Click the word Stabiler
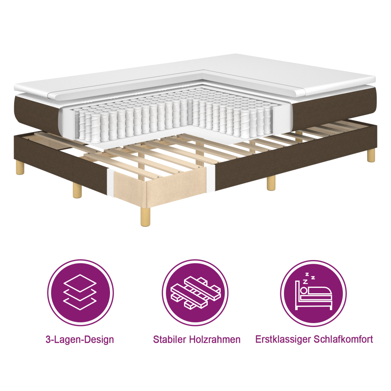(x=169, y=339)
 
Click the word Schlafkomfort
(x=345, y=339)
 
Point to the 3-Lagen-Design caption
(x=80, y=339)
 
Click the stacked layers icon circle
(x=80, y=293)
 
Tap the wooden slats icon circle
(x=195, y=293)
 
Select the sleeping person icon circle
(x=313, y=293)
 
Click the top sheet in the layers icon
(x=80, y=283)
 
